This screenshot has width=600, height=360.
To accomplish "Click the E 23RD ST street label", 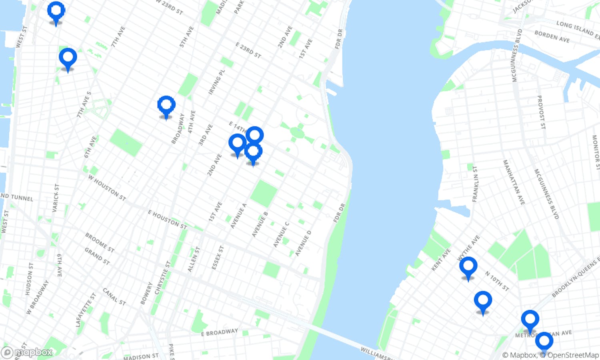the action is [x=248, y=50].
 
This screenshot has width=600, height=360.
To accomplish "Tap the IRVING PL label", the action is [x=217, y=82].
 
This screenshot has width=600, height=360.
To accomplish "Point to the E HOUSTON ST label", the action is [x=167, y=220].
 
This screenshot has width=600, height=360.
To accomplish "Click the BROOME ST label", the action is [x=100, y=242].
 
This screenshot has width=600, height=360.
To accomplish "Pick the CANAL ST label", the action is [x=114, y=296].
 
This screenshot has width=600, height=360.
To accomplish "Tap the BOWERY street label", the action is [x=146, y=293].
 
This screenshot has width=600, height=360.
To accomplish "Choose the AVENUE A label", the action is [x=238, y=216].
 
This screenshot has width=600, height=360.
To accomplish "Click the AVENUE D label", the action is [x=303, y=243].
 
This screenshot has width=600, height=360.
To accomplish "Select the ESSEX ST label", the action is [x=218, y=258].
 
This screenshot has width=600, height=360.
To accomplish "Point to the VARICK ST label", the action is [x=56, y=198].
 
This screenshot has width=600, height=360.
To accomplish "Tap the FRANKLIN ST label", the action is [x=475, y=184].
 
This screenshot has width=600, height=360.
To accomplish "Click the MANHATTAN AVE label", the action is [x=514, y=182].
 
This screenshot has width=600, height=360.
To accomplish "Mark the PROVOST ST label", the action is [x=541, y=112].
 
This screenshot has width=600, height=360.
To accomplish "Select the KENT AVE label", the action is [x=441, y=260].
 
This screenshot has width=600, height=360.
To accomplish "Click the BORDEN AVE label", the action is [x=552, y=36].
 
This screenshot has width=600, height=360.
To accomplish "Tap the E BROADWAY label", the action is [x=219, y=332].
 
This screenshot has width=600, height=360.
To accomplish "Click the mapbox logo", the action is [x=27, y=352].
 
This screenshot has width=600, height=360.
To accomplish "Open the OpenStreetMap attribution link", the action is [x=573, y=355].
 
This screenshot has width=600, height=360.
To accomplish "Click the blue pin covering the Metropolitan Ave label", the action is [x=530, y=320].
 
